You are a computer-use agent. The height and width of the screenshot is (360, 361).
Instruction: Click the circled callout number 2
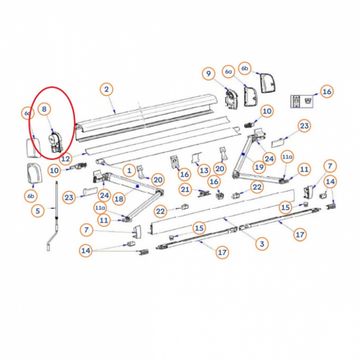(x=106, y=90)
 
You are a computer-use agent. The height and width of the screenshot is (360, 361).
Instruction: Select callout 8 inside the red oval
(x=44, y=108)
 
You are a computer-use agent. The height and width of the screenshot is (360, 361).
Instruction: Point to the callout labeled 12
(x=66, y=159)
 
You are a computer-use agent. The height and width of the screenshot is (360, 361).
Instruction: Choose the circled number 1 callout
(x=129, y=171)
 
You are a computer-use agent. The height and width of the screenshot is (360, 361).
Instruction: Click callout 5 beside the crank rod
(x=38, y=211)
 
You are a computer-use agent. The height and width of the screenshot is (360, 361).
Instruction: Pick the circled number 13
(x=204, y=171)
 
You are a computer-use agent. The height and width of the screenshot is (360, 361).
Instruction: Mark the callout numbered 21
(x=186, y=189)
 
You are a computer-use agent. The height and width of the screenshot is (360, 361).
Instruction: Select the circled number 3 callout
(x=261, y=244)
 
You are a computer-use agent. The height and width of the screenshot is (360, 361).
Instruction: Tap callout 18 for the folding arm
(x=119, y=199)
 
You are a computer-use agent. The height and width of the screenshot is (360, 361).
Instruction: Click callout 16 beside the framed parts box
(x=326, y=92)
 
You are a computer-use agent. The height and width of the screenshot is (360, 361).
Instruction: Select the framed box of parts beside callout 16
(x=302, y=101)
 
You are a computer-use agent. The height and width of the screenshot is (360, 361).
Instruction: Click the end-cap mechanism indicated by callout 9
(x=232, y=98)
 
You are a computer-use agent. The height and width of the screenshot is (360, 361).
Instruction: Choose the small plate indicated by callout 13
(x=196, y=160)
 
